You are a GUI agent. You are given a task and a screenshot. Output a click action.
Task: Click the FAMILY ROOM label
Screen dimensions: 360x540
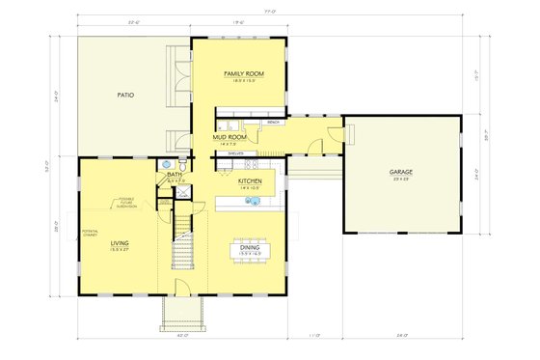click(x=243, y=74)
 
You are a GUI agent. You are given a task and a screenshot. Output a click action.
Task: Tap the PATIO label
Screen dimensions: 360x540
click(x=125, y=96)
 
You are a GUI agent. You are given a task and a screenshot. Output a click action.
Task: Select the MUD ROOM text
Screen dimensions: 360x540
click(x=229, y=138)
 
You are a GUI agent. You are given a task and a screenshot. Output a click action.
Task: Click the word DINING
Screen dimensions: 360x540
click(x=250, y=247)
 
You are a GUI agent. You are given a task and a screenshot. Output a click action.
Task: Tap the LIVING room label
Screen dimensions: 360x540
click(x=121, y=242)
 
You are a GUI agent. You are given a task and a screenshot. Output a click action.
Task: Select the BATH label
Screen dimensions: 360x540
click(x=175, y=175)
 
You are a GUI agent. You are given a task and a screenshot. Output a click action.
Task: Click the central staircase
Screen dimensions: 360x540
click(x=183, y=245)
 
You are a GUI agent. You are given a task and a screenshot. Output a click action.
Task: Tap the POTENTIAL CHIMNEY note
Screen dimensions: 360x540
click(x=93, y=235)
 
